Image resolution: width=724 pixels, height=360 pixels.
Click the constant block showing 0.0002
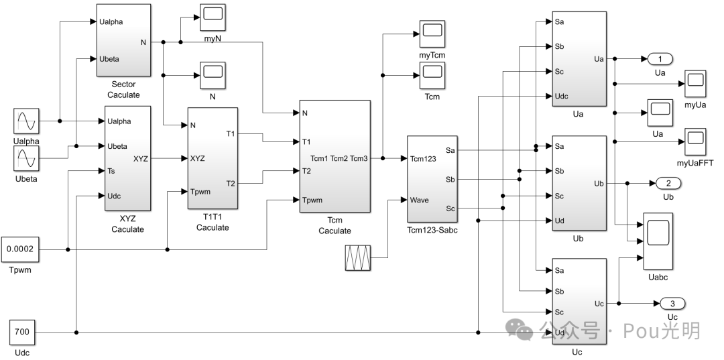(x=21, y=249)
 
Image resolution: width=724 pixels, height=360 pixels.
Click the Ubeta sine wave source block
(x=25, y=159)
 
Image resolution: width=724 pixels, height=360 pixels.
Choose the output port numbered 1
(x=660, y=59)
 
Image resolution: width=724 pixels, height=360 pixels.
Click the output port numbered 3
(x=672, y=304)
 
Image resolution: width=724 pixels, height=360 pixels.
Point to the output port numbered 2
(x=668, y=183)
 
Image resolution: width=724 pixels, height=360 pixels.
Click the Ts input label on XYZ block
(x=111, y=171)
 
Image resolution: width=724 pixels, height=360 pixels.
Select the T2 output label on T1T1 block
(x=231, y=183)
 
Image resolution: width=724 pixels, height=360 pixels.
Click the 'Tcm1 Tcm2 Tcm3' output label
(x=339, y=158)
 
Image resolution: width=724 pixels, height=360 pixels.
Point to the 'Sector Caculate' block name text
(x=124, y=90)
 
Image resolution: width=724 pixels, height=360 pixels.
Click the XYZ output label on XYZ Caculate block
(x=141, y=158)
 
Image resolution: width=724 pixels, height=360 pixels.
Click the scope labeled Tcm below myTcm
(x=432, y=78)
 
